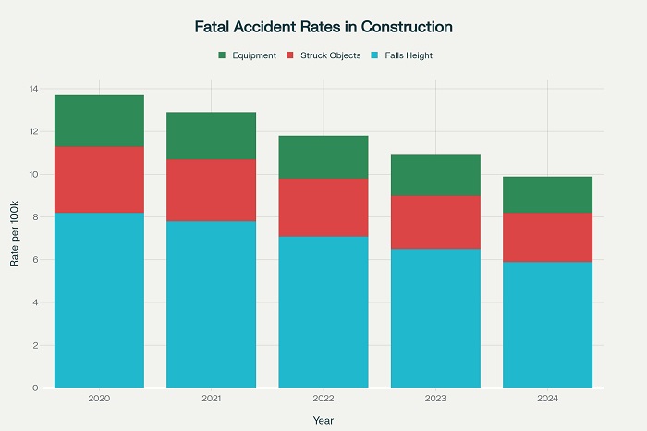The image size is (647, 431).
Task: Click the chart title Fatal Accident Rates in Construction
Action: click(x=323, y=27)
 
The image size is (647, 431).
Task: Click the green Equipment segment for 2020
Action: click(x=99, y=121)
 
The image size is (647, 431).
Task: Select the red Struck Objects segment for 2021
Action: click(x=211, y=190)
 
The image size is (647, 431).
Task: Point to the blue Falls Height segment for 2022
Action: click(x=323, y=312)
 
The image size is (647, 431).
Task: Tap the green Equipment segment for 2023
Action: click(x=435, y=175)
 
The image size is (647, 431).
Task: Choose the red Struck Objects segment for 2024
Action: click(x=547, y=237)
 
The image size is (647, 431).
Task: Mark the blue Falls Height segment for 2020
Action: click(x=99, y=300)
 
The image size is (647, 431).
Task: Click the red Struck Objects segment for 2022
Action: click(x=323, y=207)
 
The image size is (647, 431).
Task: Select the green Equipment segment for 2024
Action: click(x=547, y=194)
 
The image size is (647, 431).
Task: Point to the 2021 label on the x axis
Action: click(x=211, y=399)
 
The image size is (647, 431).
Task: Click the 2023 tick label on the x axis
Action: click(x=435, y=399)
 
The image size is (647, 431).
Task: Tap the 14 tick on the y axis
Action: click(x=33, y=89)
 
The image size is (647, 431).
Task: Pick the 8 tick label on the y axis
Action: click(x=35, y=217)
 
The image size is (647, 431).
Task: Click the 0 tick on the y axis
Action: click(x=35, y=388)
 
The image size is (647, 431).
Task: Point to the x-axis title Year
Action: click(x=323, y=420)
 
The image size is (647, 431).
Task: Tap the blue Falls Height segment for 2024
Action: click(x=547, y=325)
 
